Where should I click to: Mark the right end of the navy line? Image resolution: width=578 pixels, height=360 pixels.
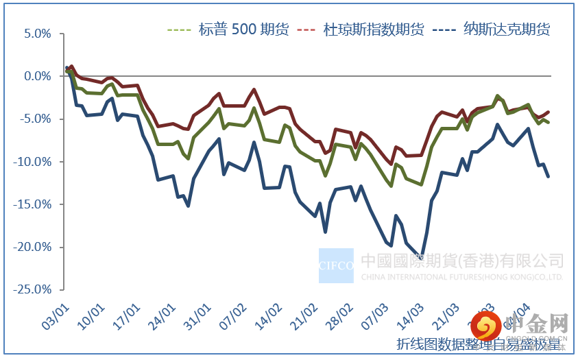549,177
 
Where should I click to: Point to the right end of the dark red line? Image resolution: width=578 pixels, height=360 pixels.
549,112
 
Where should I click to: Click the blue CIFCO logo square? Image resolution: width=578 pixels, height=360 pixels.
336,265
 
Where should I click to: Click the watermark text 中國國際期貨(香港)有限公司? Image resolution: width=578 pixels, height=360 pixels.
461,261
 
